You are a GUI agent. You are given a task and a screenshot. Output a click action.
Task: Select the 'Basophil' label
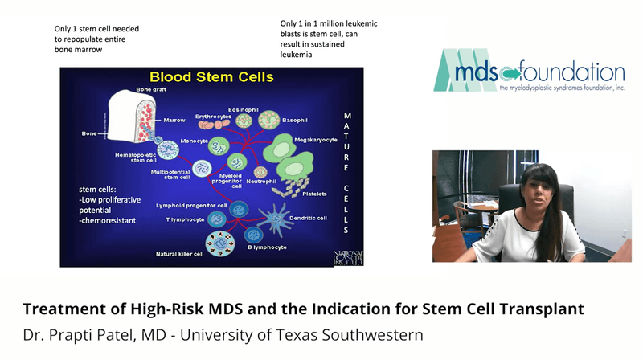point(294,121)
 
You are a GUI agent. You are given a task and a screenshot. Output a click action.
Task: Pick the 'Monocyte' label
point(194,141)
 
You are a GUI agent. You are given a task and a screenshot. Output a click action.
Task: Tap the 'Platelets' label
point(315,194)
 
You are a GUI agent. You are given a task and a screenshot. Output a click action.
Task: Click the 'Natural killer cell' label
point(181,254)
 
